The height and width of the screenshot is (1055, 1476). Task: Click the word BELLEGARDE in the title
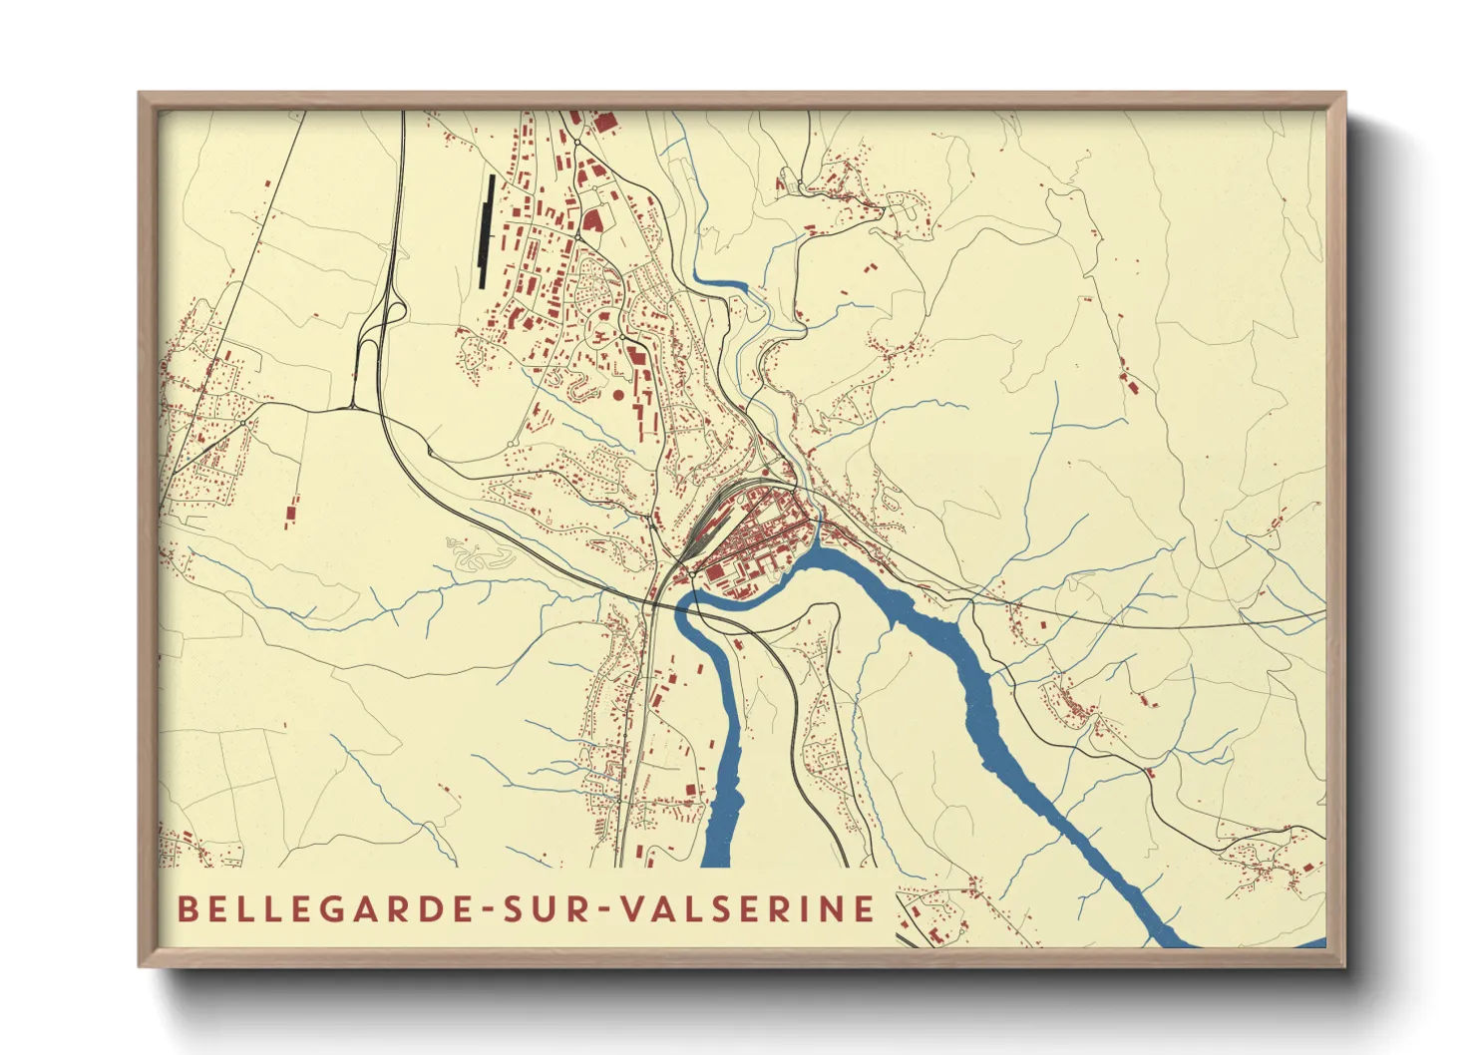coord(317,908)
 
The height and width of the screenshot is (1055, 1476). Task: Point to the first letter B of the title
coord(186,908)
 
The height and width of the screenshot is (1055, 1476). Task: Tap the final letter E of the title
coord(865,908)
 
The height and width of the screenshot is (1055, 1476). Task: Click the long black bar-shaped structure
coord(487,231)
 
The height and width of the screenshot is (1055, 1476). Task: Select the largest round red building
coord(618,395)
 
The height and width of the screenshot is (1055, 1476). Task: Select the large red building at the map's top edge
coord(604,123)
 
